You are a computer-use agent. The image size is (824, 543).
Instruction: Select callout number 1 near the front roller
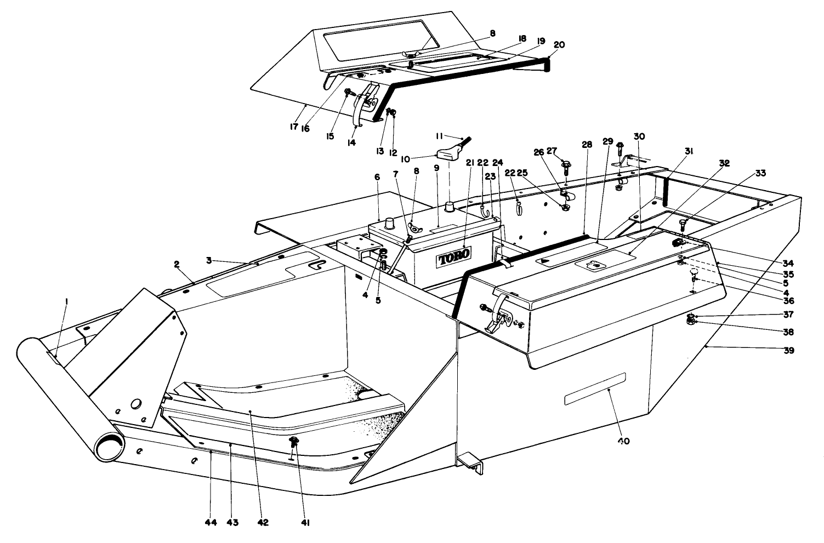pyautogui.click(x=66, y=301)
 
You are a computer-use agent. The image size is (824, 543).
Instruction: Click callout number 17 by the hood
pyautogui.click(x=293, y=126)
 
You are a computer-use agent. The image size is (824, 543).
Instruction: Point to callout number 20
pyautogui.click(x=559, y=45)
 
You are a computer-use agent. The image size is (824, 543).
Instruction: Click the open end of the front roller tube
pyautogui.click(x=109, y=446)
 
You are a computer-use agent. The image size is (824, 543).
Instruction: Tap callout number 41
pyautogui.click(x=305, y=523)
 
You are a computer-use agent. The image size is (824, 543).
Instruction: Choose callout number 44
pyautogui.click(x=211, y=523)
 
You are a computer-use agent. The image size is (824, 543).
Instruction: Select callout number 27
pyautogui.click(x=552, y=150)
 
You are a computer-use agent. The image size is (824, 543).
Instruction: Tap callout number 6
pyautogui.click(x=377, y=176)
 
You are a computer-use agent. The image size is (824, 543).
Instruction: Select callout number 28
pyautogui.click(x=587, y=145)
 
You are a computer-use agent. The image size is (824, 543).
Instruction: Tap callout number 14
pyautogui.click(x=351, y=142)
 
